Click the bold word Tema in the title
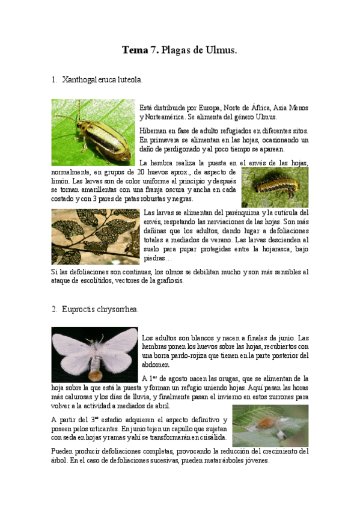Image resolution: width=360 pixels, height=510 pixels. coord(135,51)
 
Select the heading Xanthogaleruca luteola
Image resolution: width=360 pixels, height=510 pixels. coord(102,79)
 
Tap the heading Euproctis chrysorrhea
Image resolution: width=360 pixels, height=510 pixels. coord(99,309)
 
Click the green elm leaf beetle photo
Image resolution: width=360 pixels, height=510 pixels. coord(93,132)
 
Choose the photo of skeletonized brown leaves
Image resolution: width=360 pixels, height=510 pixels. coord(95,236)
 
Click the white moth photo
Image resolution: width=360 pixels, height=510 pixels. coord(94,354)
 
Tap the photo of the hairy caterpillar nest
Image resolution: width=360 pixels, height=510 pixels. coord(270,425)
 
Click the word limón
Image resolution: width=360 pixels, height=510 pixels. coord(61,181)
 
